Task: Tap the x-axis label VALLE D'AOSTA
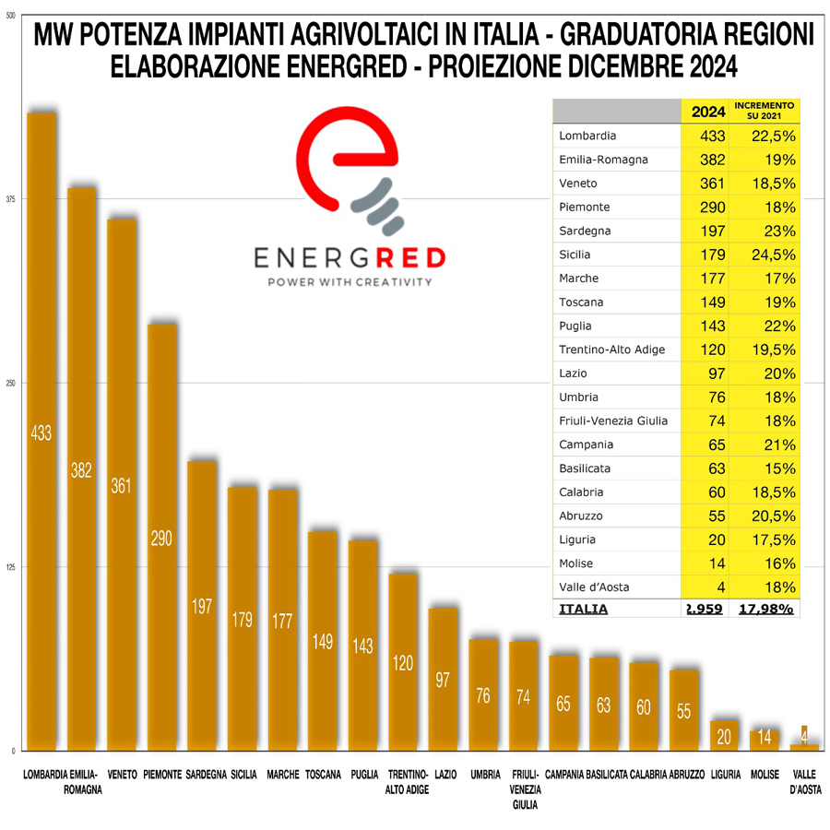805,782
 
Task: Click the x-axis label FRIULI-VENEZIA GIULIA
524,789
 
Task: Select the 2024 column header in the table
707,113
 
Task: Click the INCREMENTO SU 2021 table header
765,112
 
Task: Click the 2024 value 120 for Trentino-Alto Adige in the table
707,350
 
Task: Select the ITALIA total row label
584,609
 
